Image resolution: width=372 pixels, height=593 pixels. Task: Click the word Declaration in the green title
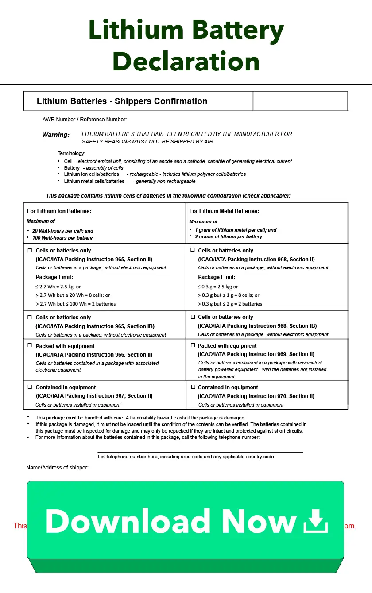[186, 62]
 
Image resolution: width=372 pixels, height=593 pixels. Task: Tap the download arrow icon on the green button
[315, 521]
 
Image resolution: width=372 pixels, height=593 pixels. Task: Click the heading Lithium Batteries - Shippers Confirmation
[122, 101]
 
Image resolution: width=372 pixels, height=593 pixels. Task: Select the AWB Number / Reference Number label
[85, 120]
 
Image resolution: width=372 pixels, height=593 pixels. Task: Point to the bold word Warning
[56, 135]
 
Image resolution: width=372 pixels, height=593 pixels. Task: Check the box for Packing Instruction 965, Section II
[30, 250]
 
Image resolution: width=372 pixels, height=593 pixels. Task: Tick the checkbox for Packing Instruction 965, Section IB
[30, 317]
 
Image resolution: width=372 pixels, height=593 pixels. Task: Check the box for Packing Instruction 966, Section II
[30, 345]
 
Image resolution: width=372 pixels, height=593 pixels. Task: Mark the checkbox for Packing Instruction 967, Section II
[30, 387]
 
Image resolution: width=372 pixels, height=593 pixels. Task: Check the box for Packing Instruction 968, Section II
[193, 250]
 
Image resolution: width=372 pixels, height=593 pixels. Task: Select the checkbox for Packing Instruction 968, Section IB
[193, 317]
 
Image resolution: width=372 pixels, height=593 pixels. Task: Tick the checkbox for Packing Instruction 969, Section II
[193, 345]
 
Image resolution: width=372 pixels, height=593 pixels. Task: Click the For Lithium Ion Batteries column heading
[59, 211]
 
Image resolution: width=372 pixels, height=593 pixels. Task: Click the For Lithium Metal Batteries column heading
[224, 211]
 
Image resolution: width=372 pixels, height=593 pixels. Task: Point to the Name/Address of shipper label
[57, 468]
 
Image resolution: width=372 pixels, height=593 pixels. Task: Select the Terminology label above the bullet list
[71, 153]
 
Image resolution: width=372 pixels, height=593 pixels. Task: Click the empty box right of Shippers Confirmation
[300, 101]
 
